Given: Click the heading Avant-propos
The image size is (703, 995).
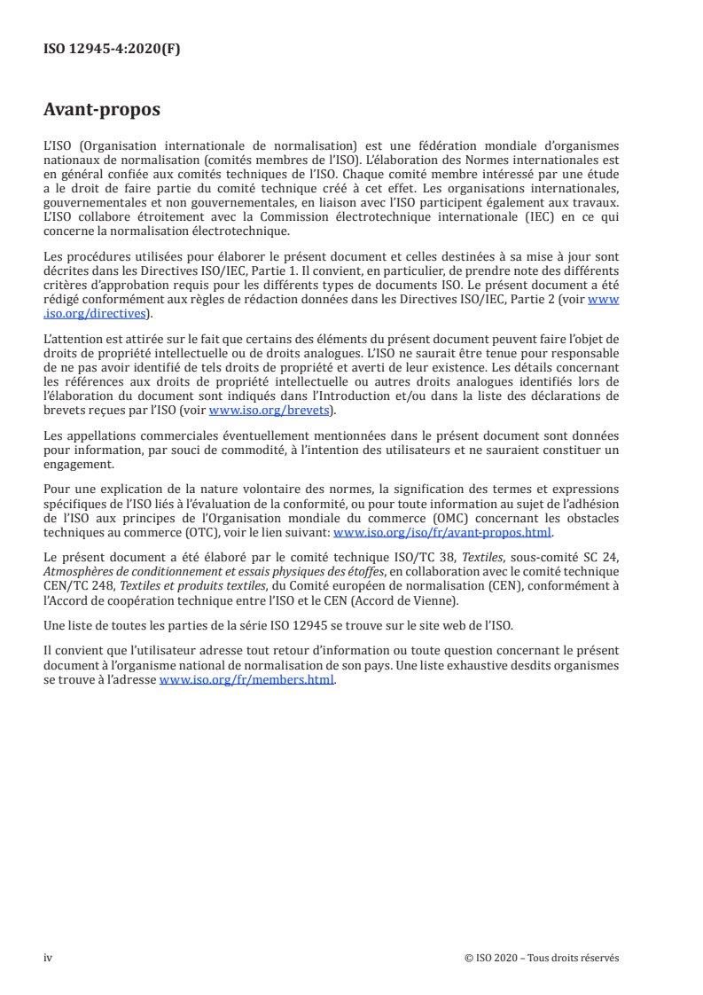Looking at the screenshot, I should [102, 111].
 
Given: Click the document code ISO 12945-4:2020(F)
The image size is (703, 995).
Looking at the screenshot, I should [112, 50].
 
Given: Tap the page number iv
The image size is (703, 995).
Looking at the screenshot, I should [49, 958].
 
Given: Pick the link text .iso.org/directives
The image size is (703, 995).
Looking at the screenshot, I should [98, 314].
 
